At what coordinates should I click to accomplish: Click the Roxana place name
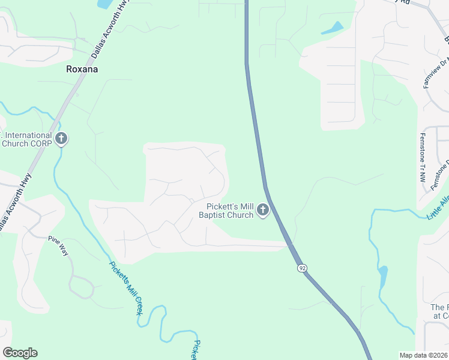click(82, 69)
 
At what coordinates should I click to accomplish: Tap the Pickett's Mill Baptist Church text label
click(226, 211)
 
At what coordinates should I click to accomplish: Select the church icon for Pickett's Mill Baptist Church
click(262, 210)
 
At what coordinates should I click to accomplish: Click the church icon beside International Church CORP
click(61, 139)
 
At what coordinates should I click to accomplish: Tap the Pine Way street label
click(59, 246)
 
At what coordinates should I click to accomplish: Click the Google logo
click(20, 353)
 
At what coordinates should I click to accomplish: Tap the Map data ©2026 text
click(423, 355)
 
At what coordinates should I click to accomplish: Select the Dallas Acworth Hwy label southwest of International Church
click(14, 200)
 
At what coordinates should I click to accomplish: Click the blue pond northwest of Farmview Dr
click(332, 28)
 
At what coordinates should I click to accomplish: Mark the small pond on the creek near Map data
click(382, 277)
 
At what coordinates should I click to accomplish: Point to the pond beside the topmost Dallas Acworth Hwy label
click(103, 4)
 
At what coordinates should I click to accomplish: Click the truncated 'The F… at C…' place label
click(439, 311)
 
